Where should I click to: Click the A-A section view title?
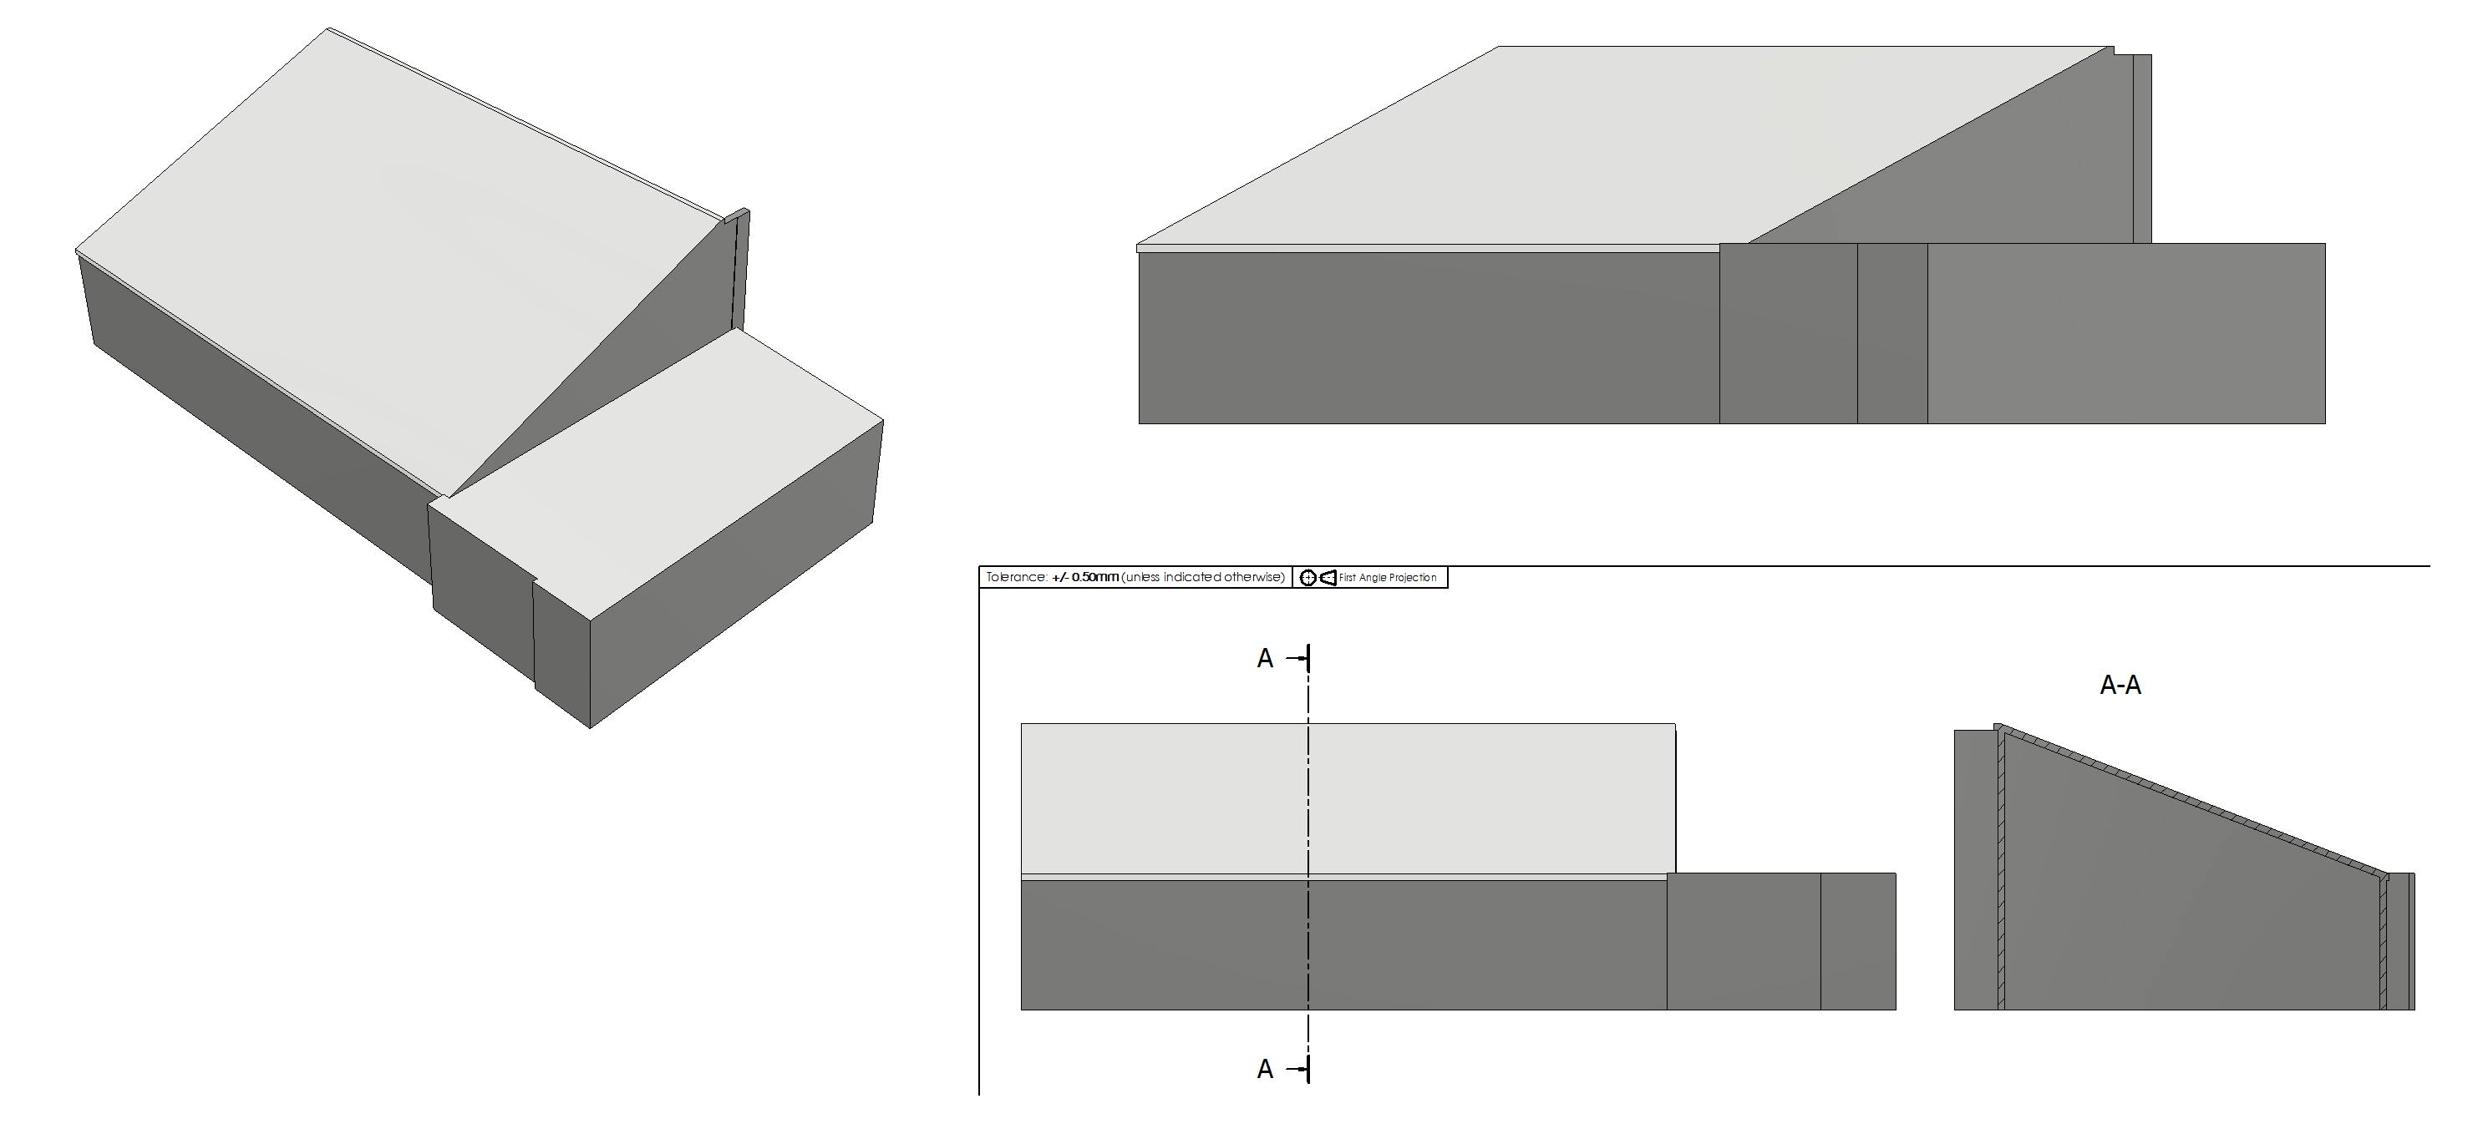click(x=2120, y=685)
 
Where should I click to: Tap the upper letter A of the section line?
click(x=1265, y=659)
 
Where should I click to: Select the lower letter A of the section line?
click(x=1265, y=1069)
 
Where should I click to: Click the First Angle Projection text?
click(x=1388, y=578)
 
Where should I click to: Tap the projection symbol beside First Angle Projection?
click(x=1318, y=578)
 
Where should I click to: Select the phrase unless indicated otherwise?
click(x=1203, y=578)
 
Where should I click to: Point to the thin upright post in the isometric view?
click(x=742, y=271)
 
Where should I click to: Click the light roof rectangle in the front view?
click(x=1348, y=798)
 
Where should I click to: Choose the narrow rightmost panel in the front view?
click(x=1858, y=942)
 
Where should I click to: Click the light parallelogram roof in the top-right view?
click(x=1622, y=144)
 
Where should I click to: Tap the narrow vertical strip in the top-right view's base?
click(x=1892, y=333)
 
